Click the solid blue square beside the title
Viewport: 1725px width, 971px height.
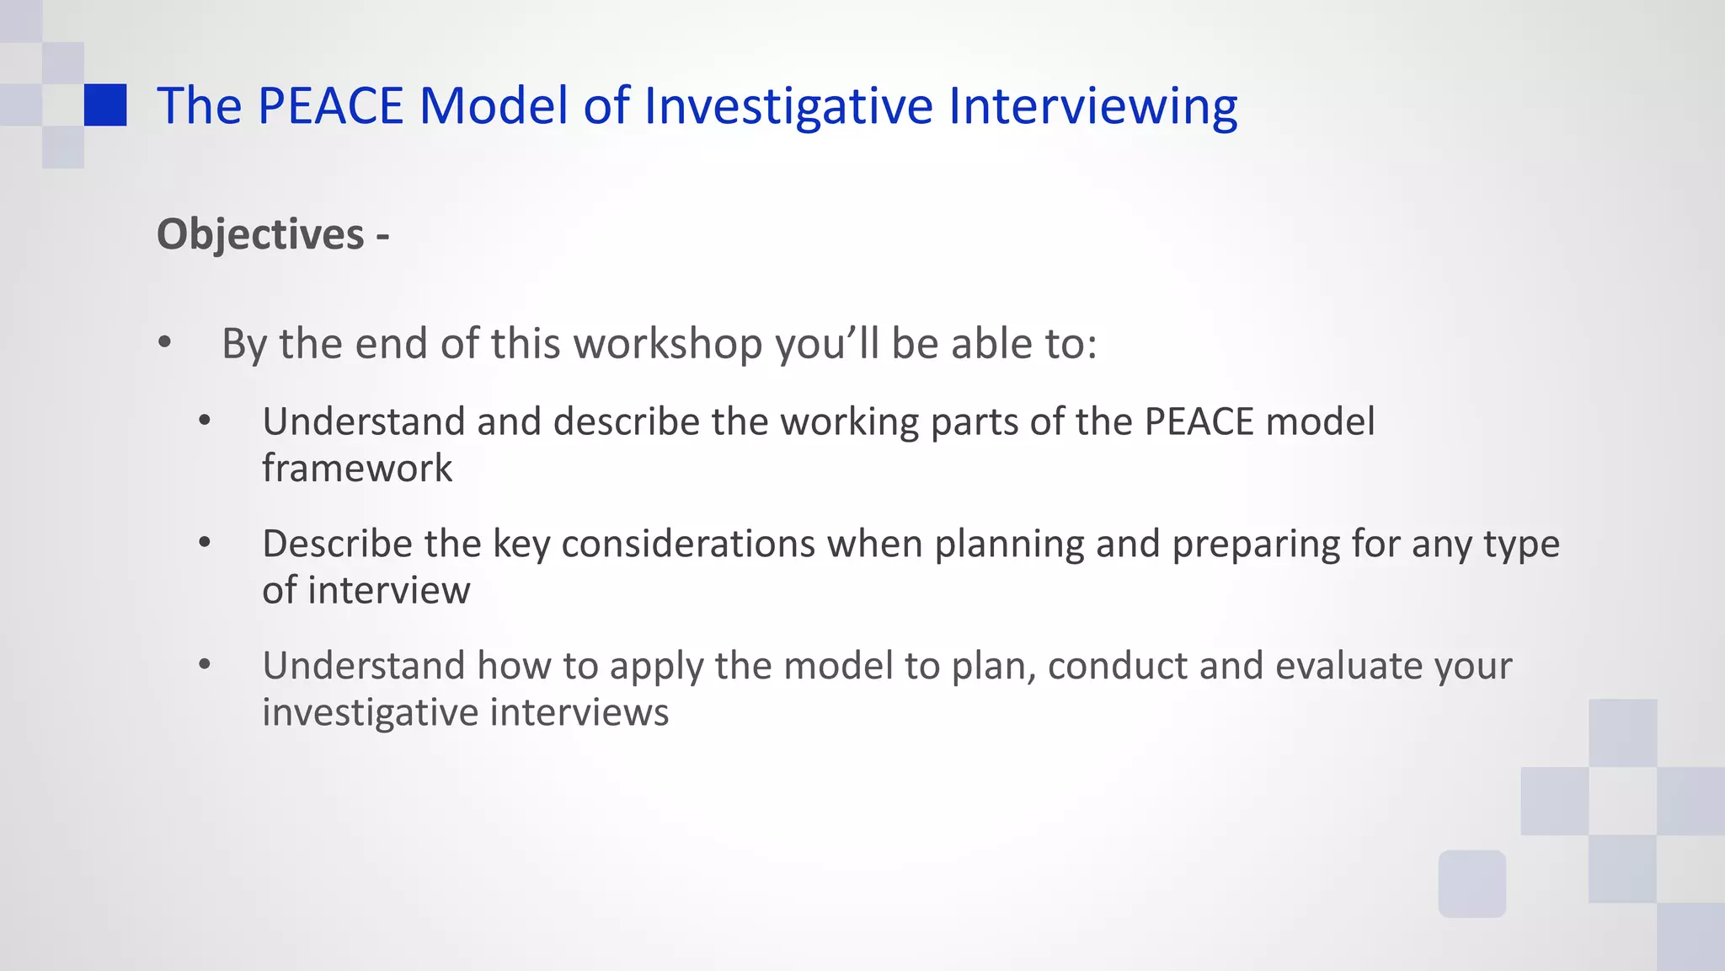tap(105, 105)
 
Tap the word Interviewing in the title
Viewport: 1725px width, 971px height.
tap(1092, 106)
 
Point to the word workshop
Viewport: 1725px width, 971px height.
tap(668, 344)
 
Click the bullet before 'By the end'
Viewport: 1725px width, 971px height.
tap(164, 343)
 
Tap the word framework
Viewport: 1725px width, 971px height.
tap(357, 469)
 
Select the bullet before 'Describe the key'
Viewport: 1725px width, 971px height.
tap(205, 543)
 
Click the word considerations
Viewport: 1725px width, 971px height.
tap(688, 544)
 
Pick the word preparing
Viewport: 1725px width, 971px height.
tap(1256, 544)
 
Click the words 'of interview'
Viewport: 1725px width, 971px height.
tap(366, 590)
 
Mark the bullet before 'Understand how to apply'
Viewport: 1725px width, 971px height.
tap(205, 665)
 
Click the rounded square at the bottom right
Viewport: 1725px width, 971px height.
tap(1471, 883)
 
